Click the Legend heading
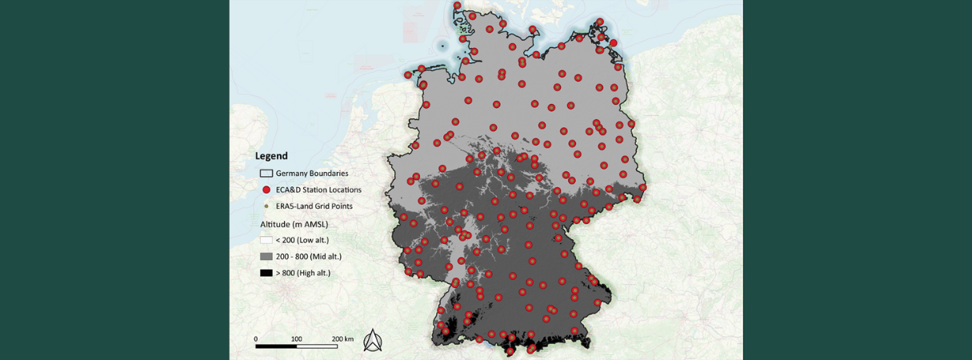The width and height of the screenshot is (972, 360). tap(271, 156)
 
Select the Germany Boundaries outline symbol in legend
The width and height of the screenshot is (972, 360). tap(266, 174)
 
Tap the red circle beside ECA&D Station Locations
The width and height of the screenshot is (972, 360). tap(266, 190)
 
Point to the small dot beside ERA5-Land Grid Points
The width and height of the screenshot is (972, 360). tap(266, 206)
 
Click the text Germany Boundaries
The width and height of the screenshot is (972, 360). tap(312, 174)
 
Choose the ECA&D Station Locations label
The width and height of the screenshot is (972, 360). tap(318, 190)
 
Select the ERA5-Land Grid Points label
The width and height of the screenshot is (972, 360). tap(314, 206)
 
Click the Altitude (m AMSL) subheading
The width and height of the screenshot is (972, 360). tap(294, 224)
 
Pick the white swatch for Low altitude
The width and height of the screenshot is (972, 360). tap(266, 240)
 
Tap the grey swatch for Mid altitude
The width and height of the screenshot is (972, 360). tap(266, 257)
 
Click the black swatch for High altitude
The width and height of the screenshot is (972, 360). tap(266, 273)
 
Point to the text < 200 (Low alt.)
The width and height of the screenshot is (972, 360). tap(302, 240)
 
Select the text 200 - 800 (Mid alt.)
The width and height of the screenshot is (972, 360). tap(309, 257)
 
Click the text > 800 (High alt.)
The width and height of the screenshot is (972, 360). tap(303, 273)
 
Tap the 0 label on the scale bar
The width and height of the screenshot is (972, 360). tap(256, 339)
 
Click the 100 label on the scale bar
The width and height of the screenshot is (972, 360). tap(296, 339)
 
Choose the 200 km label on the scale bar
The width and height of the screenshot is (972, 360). tap(342, 339)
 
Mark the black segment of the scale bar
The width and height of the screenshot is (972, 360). tap(276, 346)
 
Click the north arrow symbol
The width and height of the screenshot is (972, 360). tap(373, 341)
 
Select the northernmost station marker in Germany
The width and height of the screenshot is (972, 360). tap(458, 6)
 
